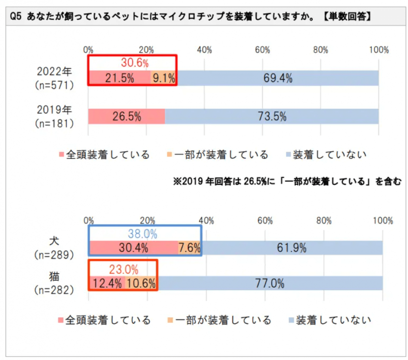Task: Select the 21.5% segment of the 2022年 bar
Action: tap(119, 78)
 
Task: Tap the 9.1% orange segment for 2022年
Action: tap(163, 78)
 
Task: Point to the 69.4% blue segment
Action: tap(278, 78)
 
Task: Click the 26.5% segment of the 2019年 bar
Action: tap(127, 117)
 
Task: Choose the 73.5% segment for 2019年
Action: tap(272, 117)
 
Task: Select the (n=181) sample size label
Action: tap(54, 123)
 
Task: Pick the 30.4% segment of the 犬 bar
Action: tap(133, 248)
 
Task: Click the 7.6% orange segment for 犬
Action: tap(189, 248)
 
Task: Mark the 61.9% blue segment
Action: tap(291, 248)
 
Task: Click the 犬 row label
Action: tap(54, 241)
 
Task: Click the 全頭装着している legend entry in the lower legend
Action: tap(105, 320)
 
